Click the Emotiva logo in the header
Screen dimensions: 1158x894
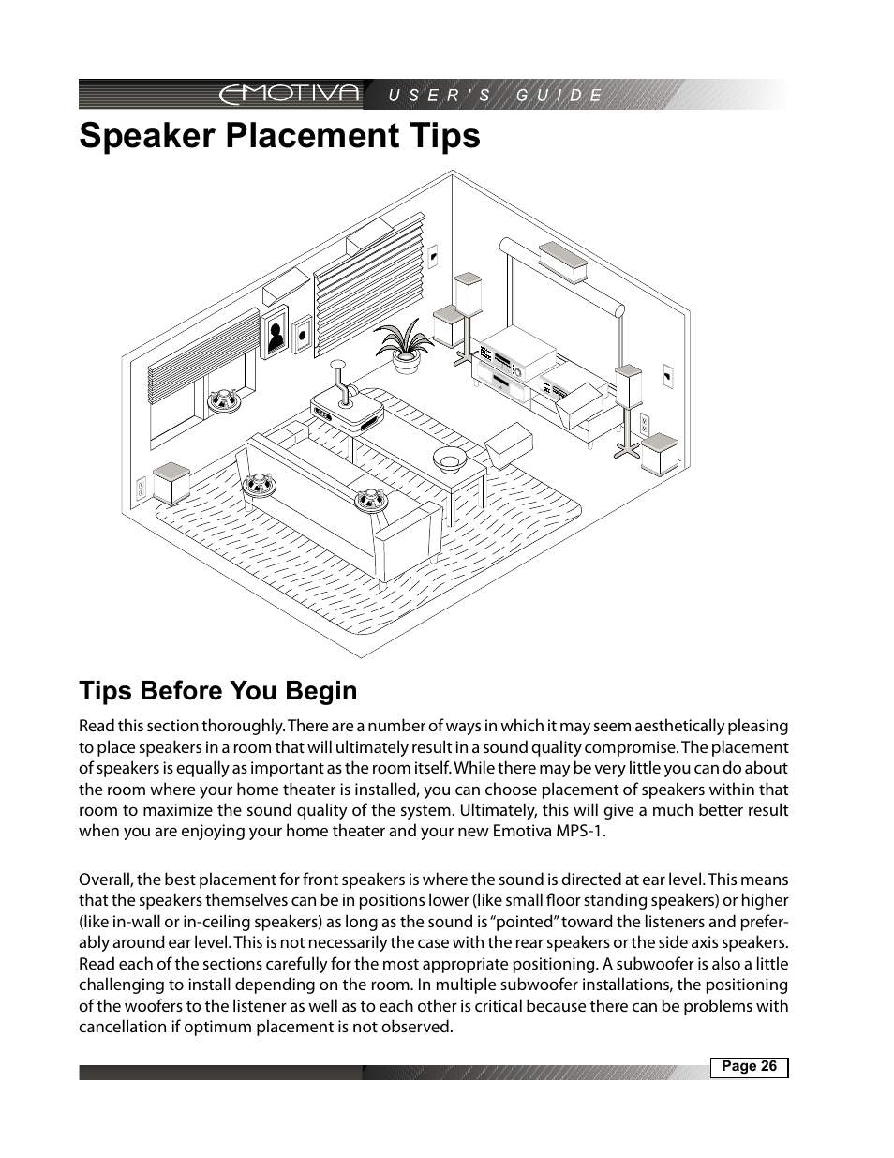pos(290,94)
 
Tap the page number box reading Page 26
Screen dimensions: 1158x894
pos(749,1067)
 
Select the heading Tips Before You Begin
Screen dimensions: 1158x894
pos(218,691)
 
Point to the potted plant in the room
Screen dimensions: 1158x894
pos(406,343)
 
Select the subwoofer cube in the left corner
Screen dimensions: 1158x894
pos(171,482)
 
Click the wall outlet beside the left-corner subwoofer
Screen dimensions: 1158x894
pos(142,488)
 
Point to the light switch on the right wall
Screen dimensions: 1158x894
pos(666,375)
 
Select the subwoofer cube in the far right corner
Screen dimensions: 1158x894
pos(660,454)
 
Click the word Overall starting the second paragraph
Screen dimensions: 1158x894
pos(106,880)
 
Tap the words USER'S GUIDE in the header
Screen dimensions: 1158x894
pos(495,95)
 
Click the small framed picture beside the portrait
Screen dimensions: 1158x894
pos(301,335)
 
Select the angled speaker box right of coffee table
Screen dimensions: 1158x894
pos(509,444)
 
